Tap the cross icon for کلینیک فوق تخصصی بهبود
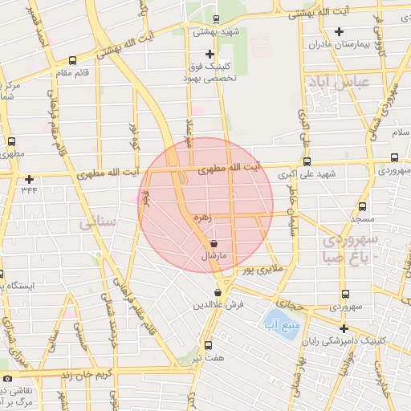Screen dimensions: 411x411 point(210,55)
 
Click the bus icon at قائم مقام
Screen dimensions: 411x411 point(73,60)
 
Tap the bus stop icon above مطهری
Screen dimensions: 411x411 point(11,141)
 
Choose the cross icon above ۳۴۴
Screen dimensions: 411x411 point(30,179)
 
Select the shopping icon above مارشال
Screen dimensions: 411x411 point(214,244)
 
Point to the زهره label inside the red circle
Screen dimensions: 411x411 point(202,218)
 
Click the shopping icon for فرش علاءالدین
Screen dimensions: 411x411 point(218,294)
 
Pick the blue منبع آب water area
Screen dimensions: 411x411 point(281,323)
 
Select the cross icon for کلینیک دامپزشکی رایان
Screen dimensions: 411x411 point(344,328)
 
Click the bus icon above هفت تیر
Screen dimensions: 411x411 point(208,344)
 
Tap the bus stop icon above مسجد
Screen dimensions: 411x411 point(363,205)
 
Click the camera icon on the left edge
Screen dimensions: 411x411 point(7,378)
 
